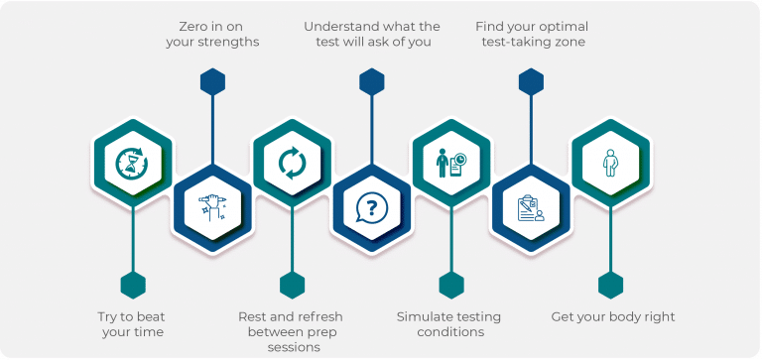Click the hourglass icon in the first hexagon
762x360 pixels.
(x=132, y=161)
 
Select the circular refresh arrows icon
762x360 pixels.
(x=292, y=161)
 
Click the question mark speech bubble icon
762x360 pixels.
(x=371, y=208)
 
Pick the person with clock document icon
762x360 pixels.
(x=451, y=161)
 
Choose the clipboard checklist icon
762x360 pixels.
(x=531, y=208)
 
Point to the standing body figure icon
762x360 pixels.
(x=610, y=161)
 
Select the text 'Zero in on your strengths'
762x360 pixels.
(x=211, y=34)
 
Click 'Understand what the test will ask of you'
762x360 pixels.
(x=371, y=34)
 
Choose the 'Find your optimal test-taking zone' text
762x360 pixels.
(x=531, y=34)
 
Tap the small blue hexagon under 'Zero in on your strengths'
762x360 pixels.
(x=212, y=81)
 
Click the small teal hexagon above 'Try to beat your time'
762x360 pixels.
(x=132, y=286)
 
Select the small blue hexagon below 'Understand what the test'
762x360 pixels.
(x=371, y=81)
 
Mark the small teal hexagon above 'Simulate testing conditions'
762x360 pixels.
(x=451, y=286)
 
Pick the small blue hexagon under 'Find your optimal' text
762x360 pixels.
(x=531, y=81)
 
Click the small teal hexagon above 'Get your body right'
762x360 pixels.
(x=610, y=286)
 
